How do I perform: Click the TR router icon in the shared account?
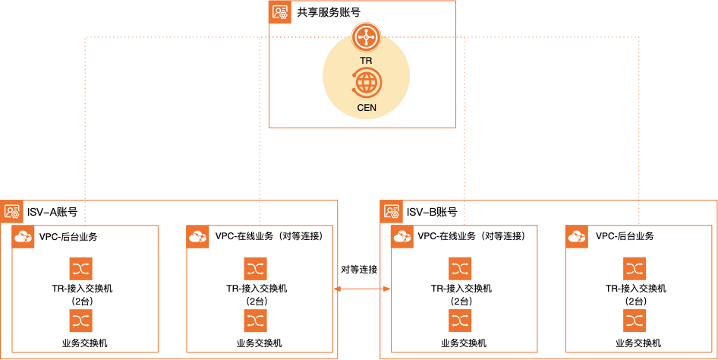pos(366,37)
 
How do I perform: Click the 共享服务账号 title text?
pos(329,12)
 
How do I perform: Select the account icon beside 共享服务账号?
pos(280,12)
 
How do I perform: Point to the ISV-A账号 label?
pos(52,212)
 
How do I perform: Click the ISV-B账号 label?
pos(432,212)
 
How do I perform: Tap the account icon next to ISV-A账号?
pos(11,212)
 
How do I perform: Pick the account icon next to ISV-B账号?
pos(391,212)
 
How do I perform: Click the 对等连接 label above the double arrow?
pos(359,270)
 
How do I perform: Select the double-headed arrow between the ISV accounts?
pos(362,289)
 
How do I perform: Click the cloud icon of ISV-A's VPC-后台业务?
pos(23,237)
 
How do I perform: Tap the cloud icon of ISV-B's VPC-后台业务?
pos(577,237)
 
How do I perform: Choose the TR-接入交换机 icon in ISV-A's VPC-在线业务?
pos(256,269)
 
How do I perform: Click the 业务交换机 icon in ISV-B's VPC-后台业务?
pos(635,321)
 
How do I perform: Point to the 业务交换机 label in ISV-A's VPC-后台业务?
pos(85,343)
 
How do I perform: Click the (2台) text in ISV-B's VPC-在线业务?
pos(460,302)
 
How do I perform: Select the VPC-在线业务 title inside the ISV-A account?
pos(269,236)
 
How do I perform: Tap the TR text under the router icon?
pos(366,61)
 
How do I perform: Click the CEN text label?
pos(367,108)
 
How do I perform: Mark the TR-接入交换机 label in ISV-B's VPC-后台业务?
pos(636,289)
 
